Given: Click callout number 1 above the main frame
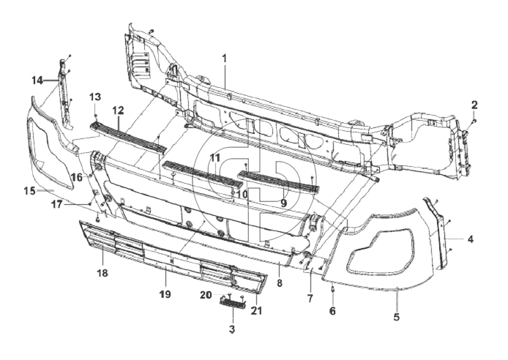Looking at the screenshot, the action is [224, 59].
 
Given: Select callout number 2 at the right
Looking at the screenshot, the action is [474, 105].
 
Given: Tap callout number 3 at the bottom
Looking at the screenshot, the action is [231, 329].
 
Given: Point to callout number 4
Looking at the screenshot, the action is [470, 239].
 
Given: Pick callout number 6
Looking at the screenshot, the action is [332, 311].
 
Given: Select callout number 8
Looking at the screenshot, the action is [280, 283].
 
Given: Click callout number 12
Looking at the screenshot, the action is [119, 110].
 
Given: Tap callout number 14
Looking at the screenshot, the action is [37, 80].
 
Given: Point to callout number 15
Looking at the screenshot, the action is [29, 191].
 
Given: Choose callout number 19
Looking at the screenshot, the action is [165, 294].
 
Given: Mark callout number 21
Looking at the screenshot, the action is [256, 310].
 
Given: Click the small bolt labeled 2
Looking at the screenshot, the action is [474, 121].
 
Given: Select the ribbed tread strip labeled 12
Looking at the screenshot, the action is [128, 138].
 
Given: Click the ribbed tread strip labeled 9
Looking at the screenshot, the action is [279, 182].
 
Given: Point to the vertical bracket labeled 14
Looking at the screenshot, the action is [65, 93].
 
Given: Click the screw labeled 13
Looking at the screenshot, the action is [96, 116].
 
